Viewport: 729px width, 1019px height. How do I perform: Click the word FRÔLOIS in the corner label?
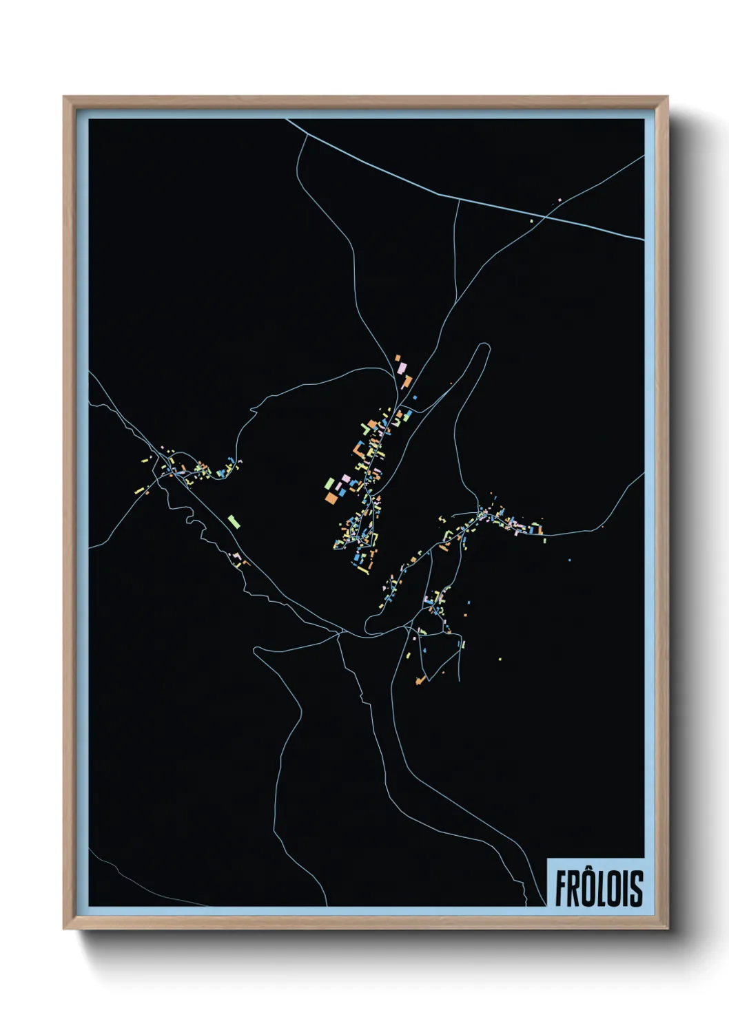tap(598, 888)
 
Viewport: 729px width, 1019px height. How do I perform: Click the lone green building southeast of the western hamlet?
tap(234, 521)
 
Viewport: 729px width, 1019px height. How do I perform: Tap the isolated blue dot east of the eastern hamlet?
tap(569, 560)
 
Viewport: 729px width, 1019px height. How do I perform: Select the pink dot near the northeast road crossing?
tap(559, 200)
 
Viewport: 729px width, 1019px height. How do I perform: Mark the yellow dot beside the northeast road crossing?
tap(531, 221)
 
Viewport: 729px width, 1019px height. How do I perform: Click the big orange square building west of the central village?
tap(332, 496)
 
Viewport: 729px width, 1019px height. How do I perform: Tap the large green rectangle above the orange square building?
tap(330, 483)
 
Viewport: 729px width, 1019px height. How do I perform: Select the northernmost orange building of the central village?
tap(398, 358)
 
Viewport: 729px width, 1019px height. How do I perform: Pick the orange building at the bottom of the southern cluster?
tap(419, 681)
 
